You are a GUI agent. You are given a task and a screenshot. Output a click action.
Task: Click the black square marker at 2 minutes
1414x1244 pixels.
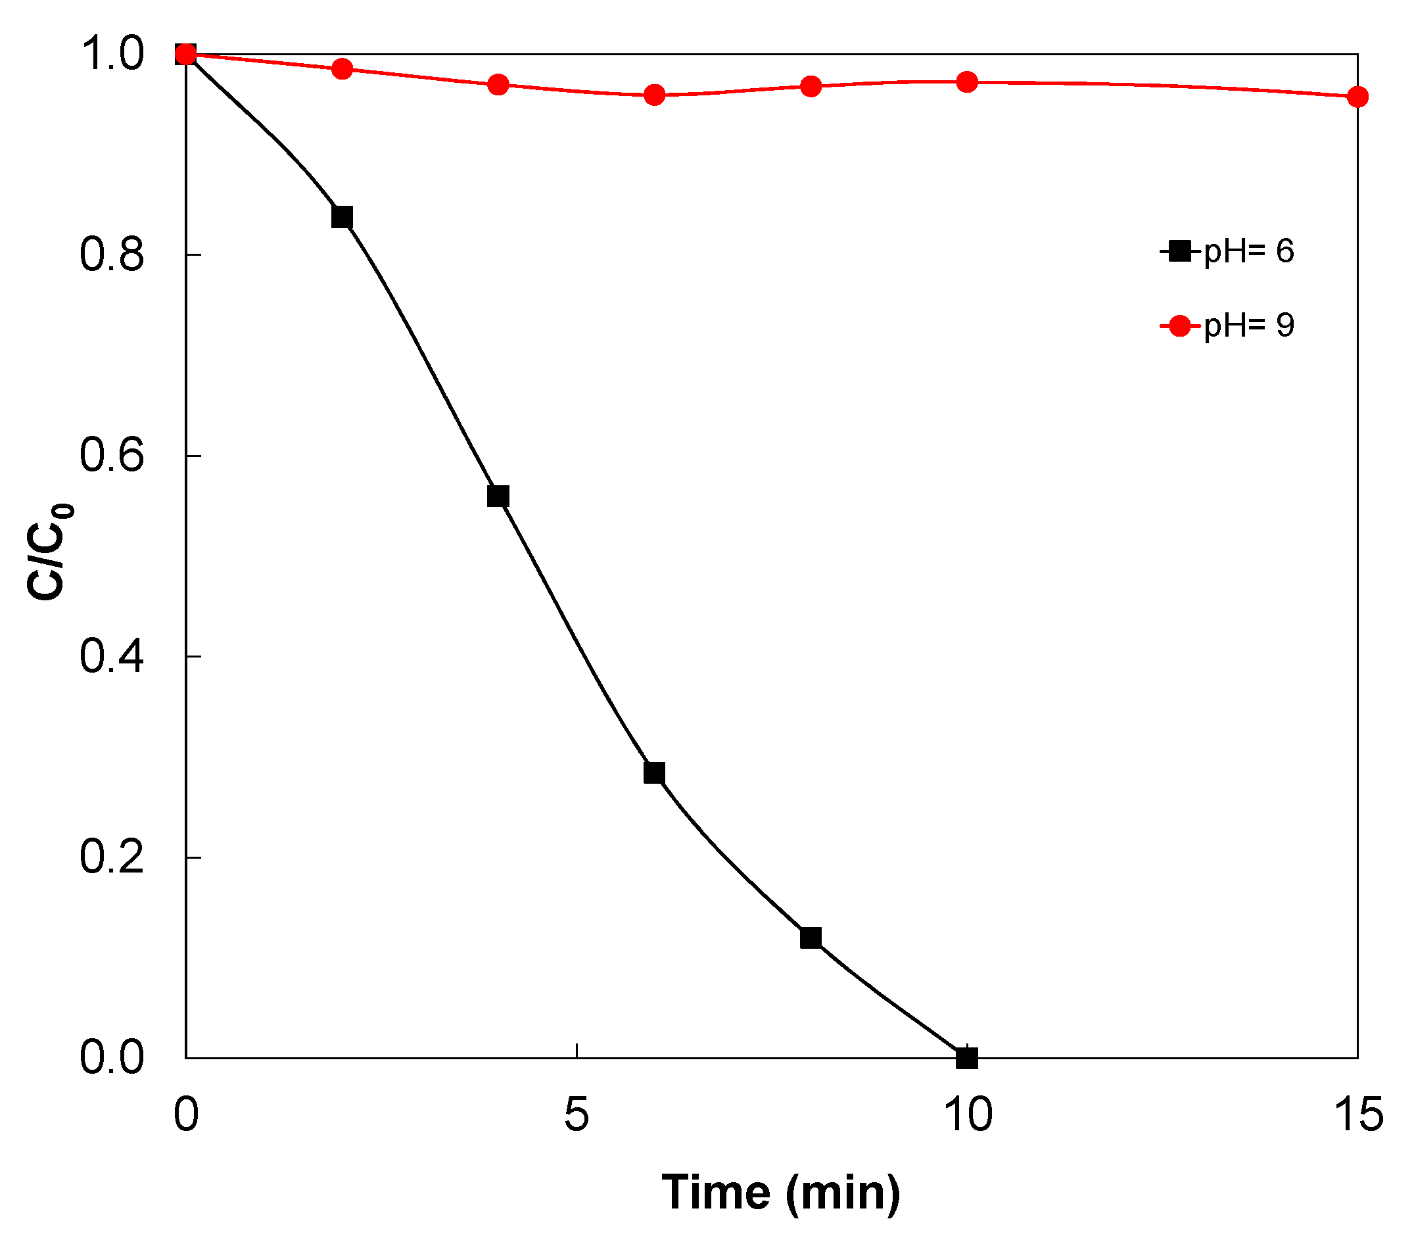342,217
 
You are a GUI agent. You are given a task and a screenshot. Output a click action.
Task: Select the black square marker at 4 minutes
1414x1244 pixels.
498,496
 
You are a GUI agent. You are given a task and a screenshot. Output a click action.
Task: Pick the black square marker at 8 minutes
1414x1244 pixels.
811,938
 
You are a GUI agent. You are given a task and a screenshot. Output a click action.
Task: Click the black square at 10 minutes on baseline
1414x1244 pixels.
967,1058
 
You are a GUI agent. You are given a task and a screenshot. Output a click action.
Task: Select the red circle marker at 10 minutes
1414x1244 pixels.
967,82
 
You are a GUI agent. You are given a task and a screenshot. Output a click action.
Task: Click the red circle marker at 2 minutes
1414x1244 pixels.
342,68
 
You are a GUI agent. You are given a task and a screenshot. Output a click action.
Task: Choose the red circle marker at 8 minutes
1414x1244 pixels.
811,87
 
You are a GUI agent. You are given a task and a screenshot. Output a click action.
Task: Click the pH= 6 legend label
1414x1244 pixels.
1248,251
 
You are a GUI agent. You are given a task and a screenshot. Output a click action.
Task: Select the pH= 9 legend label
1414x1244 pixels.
1248,325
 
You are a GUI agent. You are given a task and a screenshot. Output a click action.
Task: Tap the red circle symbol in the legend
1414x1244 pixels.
1179,326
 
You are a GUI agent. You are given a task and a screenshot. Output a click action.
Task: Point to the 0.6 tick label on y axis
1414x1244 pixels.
111,456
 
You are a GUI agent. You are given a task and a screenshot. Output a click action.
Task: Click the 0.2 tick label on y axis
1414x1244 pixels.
111,857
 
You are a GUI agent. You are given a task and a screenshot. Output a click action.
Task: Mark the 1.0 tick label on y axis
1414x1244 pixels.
111,54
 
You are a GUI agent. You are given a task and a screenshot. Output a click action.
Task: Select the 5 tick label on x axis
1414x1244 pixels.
577,1114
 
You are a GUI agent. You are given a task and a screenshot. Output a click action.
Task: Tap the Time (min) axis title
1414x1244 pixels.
781,1192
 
